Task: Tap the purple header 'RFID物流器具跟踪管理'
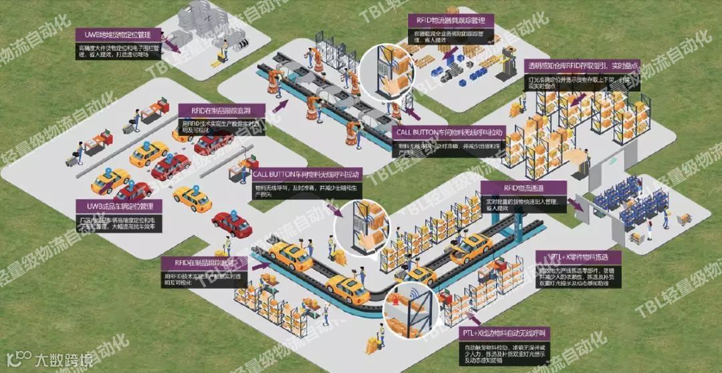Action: (x=450, y=21)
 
